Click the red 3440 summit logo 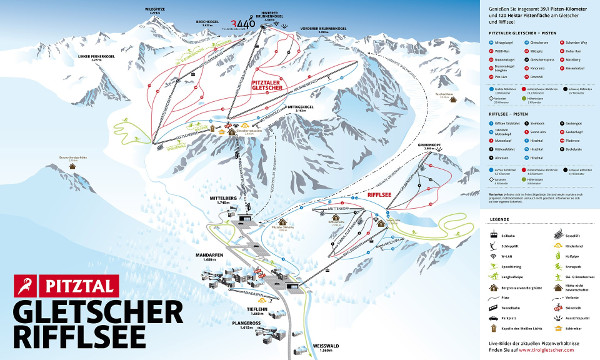coord(241,27)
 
